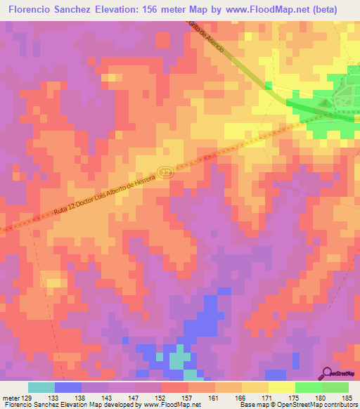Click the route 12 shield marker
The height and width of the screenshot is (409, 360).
(165, 172)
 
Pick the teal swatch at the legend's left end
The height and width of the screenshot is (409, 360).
(41, 387)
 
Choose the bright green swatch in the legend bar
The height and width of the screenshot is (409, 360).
(308, 387)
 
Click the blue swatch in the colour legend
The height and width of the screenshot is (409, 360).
(68, 387)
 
